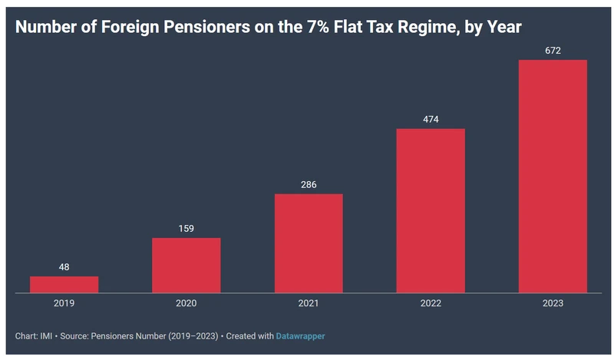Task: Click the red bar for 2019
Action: point(64,284)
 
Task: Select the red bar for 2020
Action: point(186,265)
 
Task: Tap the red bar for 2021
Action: point(309,243)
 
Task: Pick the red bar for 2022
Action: point(431,210)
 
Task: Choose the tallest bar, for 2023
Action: point(553,176)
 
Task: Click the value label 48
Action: point(64,267)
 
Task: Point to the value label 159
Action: point(186,228)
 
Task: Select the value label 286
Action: point(309,184)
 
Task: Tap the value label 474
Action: point(431,119)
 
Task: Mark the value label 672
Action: point(553,51)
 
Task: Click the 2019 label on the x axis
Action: point(64,303)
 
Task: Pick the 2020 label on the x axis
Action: point(186,303)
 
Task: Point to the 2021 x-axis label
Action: point(309,303)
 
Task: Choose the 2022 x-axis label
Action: point(431,303)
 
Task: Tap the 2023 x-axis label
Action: point(553,303)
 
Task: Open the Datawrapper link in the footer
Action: point(305,336)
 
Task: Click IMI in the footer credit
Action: point(47,336)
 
